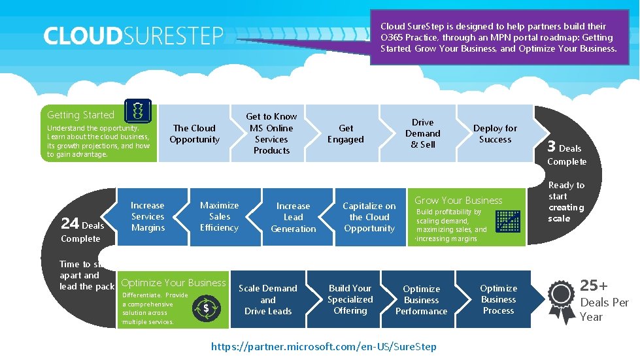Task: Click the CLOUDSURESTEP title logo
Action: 133,36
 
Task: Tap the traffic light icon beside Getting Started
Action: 137,111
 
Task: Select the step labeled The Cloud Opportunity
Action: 194,134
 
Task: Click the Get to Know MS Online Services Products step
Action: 271,133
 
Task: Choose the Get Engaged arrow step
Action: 346,134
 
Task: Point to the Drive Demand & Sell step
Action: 422,133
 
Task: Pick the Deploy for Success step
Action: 495,134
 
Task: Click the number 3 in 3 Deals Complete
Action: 552,147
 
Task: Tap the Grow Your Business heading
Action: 458,201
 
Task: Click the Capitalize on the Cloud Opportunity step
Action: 369,217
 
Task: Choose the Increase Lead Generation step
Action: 293,217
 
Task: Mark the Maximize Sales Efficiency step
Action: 219,216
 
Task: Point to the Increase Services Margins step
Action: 148,216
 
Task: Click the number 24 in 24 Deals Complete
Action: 70,223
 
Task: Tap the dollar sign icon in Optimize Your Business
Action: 206,308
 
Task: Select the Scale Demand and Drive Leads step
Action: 268,299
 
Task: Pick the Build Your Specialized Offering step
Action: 350,299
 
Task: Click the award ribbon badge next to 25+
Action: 561,301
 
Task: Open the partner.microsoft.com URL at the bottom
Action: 324,346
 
